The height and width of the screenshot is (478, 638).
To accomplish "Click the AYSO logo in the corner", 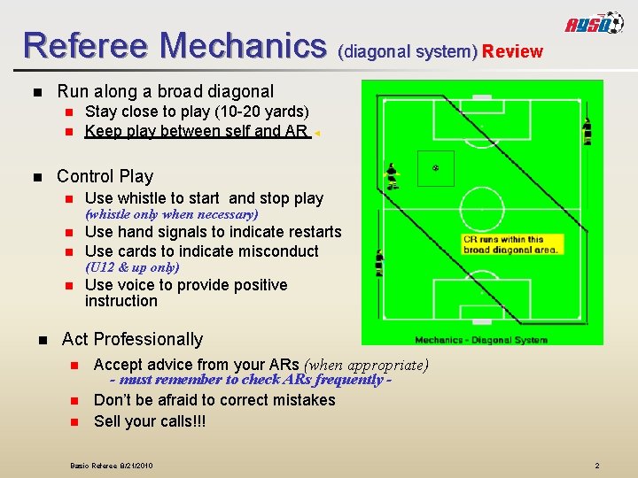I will (595, 26).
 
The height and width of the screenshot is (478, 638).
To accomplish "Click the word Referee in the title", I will (84, 44).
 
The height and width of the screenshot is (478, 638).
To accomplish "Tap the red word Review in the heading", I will (512, 51).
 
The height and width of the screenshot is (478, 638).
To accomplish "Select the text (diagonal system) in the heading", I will (408, 51).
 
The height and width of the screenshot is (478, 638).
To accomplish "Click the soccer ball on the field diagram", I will (434, 167).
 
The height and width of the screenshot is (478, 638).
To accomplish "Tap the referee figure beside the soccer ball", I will (391, 176).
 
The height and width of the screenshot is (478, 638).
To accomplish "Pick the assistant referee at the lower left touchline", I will (380, 263).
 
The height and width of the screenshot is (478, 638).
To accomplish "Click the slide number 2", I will (597, 466).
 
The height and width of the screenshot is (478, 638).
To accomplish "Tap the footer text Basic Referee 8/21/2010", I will (112, 466).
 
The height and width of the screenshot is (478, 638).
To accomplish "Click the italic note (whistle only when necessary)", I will (171, 214).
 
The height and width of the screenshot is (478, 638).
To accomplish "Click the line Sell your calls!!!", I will (149, 421).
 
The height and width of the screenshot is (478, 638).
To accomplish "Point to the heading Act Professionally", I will (132, 339).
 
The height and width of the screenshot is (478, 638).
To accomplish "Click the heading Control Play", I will (105, 176).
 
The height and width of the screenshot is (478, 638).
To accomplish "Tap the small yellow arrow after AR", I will (317, 134).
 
